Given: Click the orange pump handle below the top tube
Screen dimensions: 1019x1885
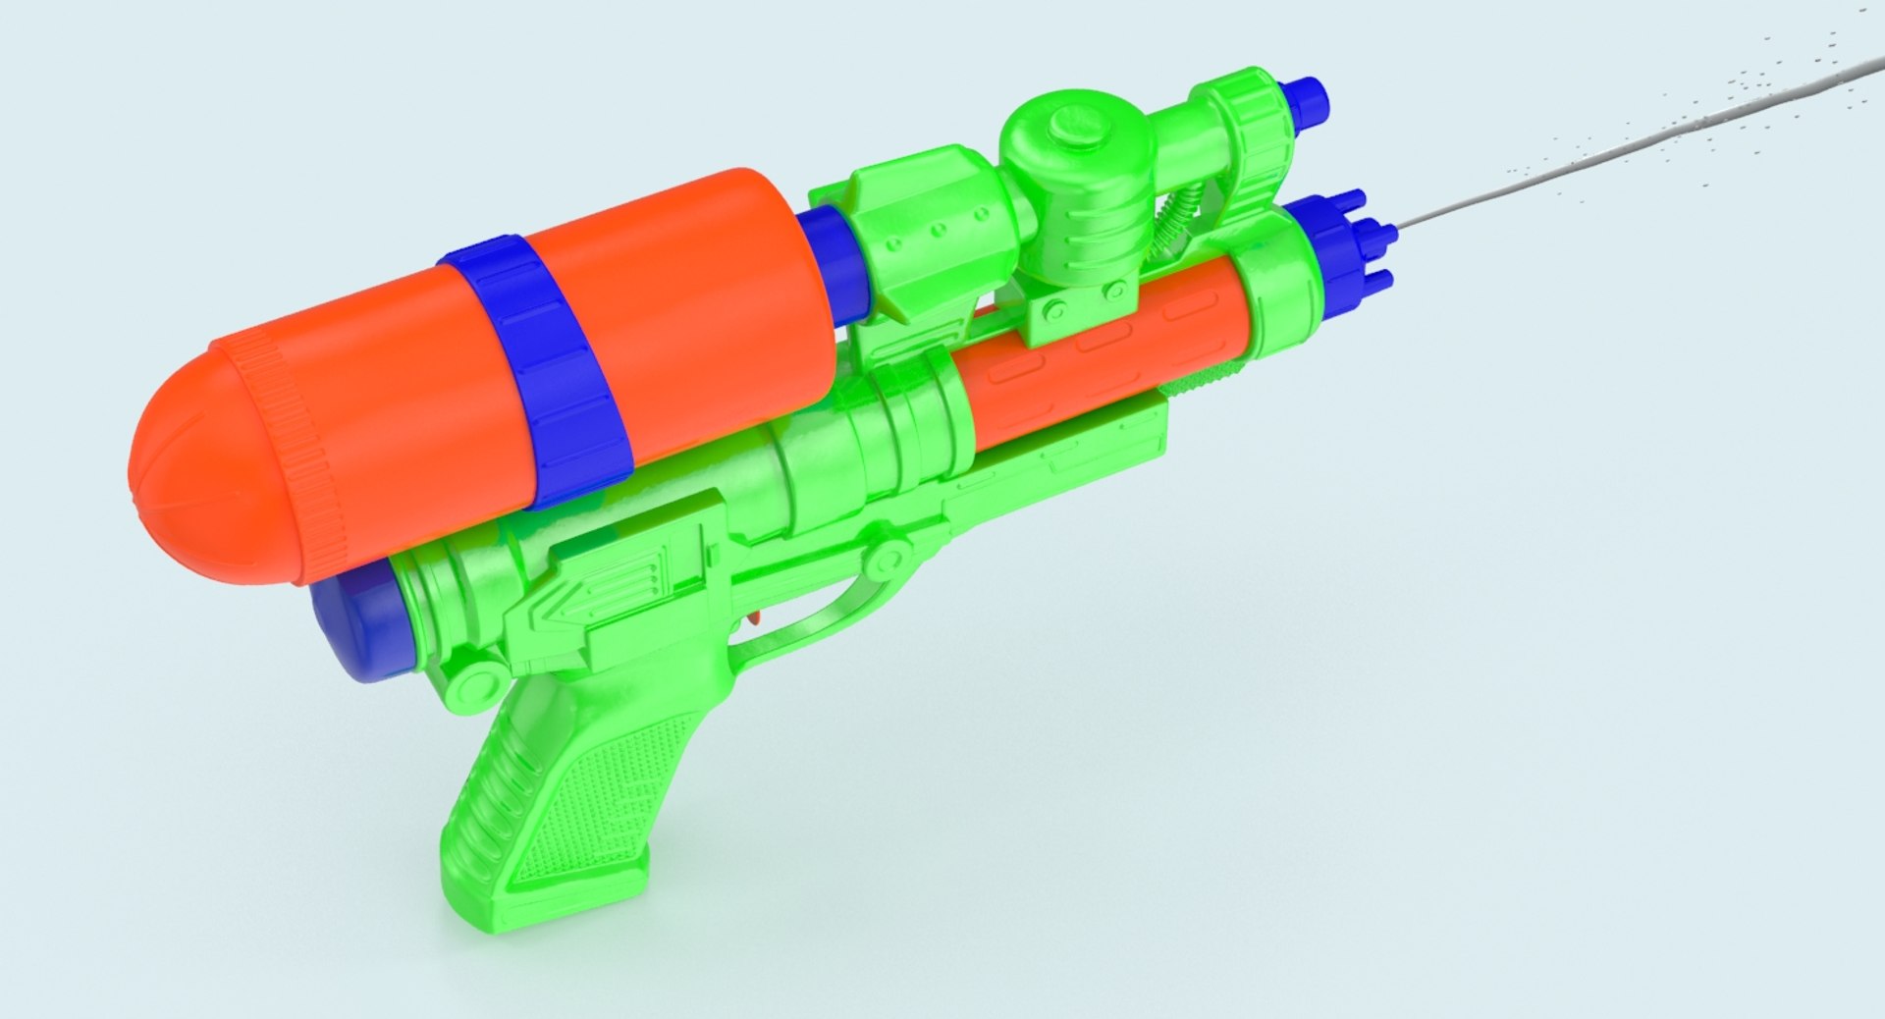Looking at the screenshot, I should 1090,358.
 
